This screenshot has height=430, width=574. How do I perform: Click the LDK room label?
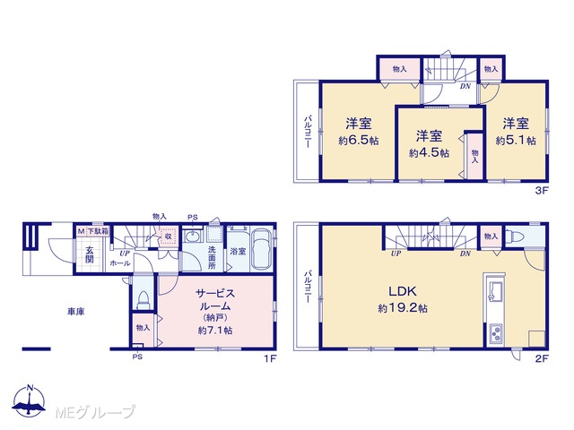point(403,291)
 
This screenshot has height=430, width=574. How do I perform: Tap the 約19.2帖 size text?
point(403,308)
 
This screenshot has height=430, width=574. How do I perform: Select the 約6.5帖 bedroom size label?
point(359,141)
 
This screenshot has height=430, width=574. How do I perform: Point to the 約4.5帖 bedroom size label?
point(429,153)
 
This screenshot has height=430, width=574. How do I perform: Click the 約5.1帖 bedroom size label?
point(516,141)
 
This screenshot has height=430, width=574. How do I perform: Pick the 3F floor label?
point(542,190)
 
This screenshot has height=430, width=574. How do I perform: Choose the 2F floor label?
point(542,358)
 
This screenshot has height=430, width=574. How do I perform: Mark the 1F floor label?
point(270,358)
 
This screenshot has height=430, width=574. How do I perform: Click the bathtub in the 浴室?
point(262,250)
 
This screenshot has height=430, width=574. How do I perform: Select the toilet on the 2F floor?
point(516,236)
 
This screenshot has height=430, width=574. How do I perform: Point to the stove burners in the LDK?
point(496,334)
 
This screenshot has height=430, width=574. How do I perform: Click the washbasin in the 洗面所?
point(191,236)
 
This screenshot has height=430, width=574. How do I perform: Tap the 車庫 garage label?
point(75,312)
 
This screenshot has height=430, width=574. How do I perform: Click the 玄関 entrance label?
point(90,254)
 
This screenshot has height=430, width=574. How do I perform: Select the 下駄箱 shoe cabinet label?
point(97,231)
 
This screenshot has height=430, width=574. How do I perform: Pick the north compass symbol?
point(30,400)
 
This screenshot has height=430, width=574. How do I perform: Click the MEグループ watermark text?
point(95,413)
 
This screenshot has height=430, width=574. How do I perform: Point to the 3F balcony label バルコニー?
point(308,132)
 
